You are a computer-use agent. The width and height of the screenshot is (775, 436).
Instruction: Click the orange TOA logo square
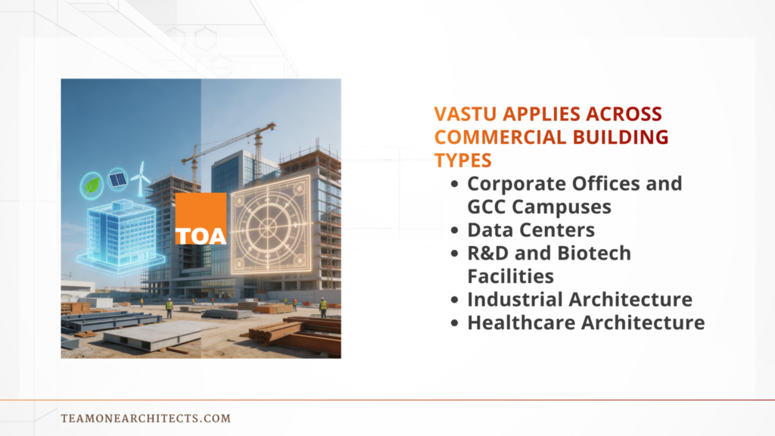pos(201,219)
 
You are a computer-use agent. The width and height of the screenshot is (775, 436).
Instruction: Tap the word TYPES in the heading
pos(462,160)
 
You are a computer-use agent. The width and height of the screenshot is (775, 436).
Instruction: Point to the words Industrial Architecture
pos(579,299)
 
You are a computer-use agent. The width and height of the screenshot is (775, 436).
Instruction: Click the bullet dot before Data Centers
pos(454,230)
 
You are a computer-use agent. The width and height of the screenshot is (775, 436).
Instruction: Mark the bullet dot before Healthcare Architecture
pos(454,322)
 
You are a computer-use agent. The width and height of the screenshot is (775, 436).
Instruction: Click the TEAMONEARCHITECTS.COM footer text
pos(145,418)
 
